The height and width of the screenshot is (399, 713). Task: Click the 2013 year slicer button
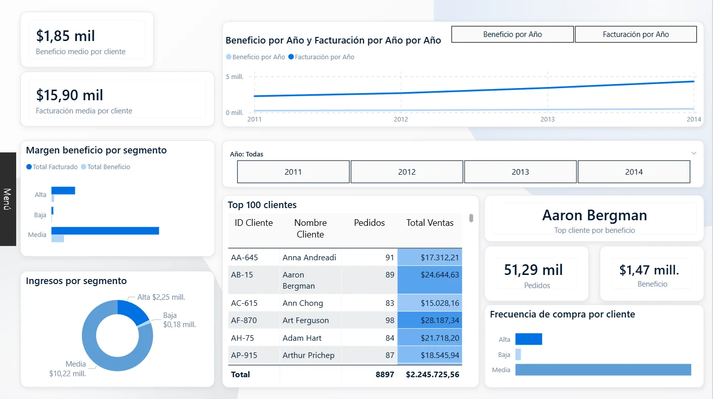click(x=520, y=172)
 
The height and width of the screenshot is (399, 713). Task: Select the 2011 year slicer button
click(x=293, y=172)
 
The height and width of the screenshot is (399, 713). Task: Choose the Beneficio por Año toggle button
click(x=512, y=34)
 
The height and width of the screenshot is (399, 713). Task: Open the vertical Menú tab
click(x=8, y=199)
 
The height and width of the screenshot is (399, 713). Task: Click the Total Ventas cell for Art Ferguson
click(x=430, y=321)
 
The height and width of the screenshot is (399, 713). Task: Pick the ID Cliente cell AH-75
click(x=244, y=338)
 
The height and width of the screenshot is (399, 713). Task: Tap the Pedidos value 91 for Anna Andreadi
click(x=389, y=257)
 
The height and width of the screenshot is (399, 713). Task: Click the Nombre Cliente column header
click(x=310, y=228)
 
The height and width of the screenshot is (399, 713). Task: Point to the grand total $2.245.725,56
click(x=432, y=375)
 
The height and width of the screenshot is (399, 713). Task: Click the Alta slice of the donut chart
click(x=132, y=311)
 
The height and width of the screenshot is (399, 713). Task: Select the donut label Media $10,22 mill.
click(x=68, y=369)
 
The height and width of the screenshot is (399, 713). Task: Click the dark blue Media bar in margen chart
click(x=105, y=231)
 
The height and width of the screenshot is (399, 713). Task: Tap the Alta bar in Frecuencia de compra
click(x=528, y=339)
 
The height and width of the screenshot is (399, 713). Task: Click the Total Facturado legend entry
click(x=52, y=167)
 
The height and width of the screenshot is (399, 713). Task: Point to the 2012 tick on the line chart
click(x=401, y=119)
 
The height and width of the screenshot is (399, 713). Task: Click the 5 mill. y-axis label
click(x=234, y=77)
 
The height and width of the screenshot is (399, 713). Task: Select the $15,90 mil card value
click(x=70, y=95)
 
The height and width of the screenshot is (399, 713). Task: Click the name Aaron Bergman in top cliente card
click(x=594, y=216)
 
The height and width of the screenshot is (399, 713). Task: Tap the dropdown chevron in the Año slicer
click(x=693, y=153)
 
